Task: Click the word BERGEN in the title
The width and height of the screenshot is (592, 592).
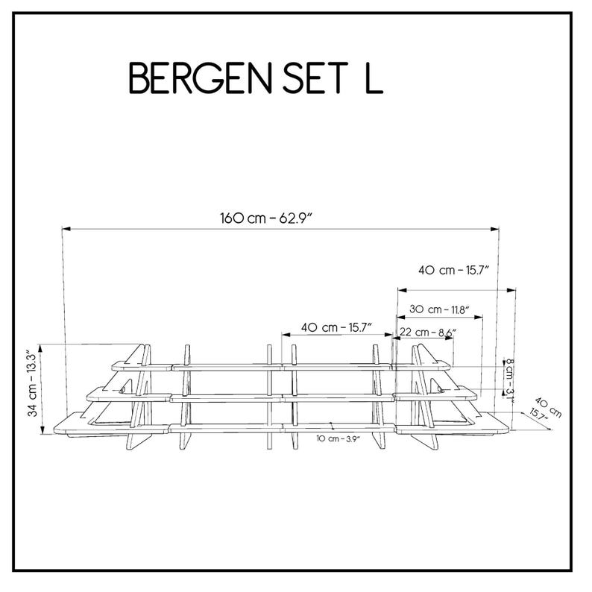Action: (201, 78)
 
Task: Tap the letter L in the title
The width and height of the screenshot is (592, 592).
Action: (374, 78)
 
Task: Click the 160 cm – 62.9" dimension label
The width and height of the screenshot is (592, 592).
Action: (267, 218)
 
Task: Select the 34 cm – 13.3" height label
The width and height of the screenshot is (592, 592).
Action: (34, 384)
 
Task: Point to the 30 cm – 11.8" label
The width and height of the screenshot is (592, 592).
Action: (439, 309)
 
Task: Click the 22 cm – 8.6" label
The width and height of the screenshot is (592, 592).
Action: (428, 333)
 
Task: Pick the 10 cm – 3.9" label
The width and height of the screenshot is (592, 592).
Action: (338, 438)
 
